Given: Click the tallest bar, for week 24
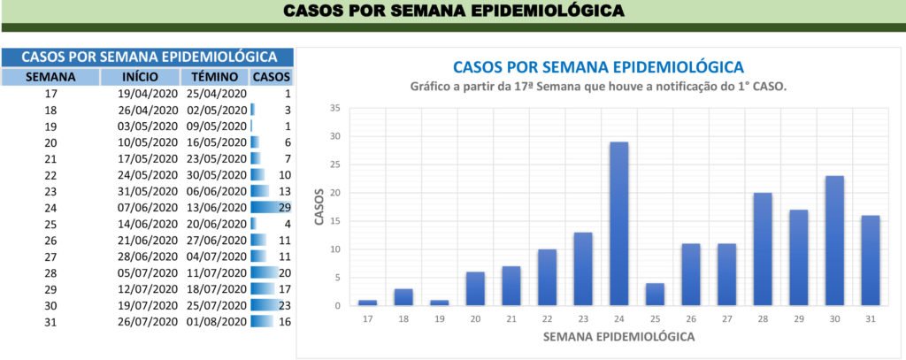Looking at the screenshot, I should pyautogui.click(x=619, y=224).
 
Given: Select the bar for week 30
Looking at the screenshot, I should pyautogui.click(x=834, y=241).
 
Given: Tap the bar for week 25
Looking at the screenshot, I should pyautogui.click(x=655, y=295).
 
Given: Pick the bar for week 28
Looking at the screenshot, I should pyautogui.click(x=763, y=249).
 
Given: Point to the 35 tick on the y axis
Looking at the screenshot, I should pyautogui.click(x=334, y=109).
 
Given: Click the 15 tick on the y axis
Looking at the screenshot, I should pyautogui.click(x=334, y=221).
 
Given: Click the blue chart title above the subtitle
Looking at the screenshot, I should pyautogui.click(x=598, y=67).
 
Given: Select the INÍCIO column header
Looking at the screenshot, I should pyautogui.click(x=142, y=77).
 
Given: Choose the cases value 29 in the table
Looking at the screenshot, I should pyautogui.click(x=283, y=207).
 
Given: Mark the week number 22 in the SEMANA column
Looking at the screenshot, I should pyautogui.click(x=50, y=175).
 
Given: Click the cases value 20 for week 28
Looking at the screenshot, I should pyautogui.click(x=283, y=272).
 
